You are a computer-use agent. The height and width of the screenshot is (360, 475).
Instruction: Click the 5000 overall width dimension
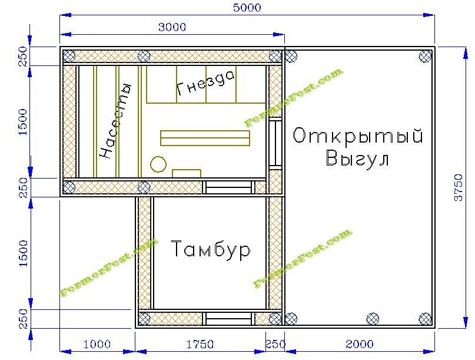pyautogui.click(x=247, y=7)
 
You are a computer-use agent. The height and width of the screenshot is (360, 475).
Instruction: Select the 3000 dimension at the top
pyautogui.click(x=172, y=27)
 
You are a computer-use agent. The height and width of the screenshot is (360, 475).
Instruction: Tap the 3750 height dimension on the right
pyautogui.click(x=459, y=187)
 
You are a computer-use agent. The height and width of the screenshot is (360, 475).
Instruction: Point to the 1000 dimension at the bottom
pyautogui.click(x=97, y=344)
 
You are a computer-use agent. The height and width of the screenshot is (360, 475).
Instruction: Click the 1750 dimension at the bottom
pyautogui.click(x=200, y=344)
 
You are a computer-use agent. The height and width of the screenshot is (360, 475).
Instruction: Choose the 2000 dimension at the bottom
pyautogui.click(x=360, y=344)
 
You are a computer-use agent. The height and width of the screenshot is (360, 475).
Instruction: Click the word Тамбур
pyautogui.click(x=211, y=250)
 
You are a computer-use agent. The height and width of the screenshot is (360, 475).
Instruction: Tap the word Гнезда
pyautogui.click(x=205, y=83)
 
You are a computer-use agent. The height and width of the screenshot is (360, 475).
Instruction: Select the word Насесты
pyautogui.click(x=116, y=121)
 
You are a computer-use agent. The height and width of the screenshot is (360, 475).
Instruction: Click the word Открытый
pyautogui.click(x=358, y=136)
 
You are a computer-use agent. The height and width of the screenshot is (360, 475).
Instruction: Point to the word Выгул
pyautogui.click(x=357, y=158)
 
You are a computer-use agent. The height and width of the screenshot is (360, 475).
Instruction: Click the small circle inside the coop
pyautogui.click(x=158, y=164)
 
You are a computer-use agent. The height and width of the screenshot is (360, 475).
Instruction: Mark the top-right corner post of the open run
pyautogui.click(x=425, y=57)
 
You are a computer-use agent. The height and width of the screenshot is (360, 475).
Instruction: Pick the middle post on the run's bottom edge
pyautogui.click(x=373, y=319)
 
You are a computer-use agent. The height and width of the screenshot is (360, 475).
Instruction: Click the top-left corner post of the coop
pyautogui.click(x=69, y=57)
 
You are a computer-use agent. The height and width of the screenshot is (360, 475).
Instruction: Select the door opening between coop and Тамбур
pyautogui.click(x=229, y=187)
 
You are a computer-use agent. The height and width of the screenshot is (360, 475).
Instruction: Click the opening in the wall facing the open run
pyautogui.click(x=275, y=143)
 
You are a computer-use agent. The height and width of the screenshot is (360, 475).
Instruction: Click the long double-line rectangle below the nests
pyautogui.click(x=205, y=138)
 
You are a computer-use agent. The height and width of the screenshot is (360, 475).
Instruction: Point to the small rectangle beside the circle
pyautogui.click(x=187, y=173)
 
